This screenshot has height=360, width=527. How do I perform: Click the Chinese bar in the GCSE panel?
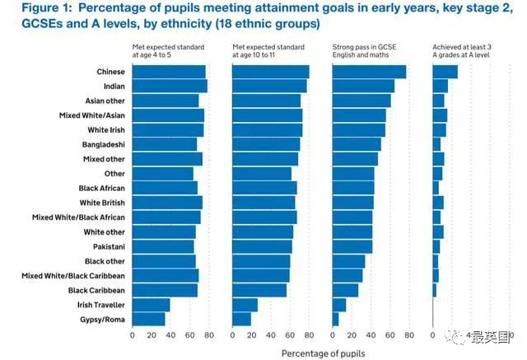(369, 72)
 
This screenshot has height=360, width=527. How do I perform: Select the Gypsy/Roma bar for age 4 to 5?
(148, 319)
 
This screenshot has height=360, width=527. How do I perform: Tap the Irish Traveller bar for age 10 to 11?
(245, 305)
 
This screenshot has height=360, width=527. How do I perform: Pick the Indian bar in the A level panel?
(440, 86)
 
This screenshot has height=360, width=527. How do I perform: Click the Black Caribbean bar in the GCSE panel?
(345, 290)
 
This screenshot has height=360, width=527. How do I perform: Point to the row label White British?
(102, 203)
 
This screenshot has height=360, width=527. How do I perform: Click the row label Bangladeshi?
(104, 144)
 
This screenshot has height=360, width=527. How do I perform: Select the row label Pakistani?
(106, 246)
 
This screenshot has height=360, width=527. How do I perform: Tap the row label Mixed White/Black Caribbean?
(73, 275)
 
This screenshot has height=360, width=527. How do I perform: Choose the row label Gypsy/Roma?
(103, 319)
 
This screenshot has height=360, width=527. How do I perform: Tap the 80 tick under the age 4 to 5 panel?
(209, 335)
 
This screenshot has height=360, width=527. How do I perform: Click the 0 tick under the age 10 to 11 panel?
(233, 335)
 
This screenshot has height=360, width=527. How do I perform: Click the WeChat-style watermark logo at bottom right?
(455, 335)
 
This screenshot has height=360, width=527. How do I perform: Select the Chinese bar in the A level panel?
(445, 72)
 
